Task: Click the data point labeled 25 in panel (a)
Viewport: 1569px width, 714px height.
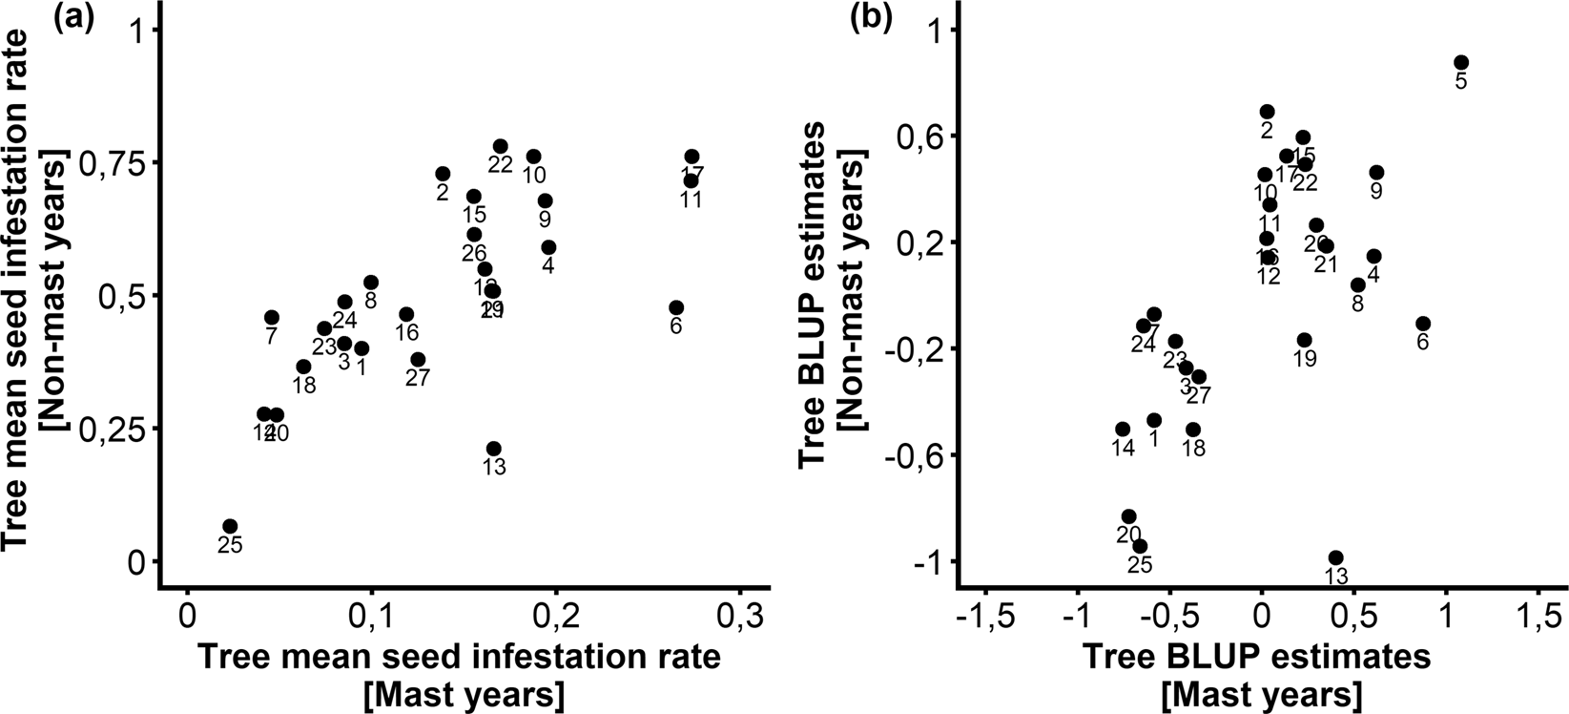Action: pyautogui.click(x=230, y=526)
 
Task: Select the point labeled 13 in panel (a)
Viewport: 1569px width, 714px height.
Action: pyautogui.click(x=493, y=449)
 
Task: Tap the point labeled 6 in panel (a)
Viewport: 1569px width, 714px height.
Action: pyautogui.click(x=676, y=307)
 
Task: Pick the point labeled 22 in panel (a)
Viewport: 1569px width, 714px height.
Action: pyautogui.click(x=501, y=146)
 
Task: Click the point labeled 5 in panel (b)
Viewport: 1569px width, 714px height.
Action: pyautogui.click(x=1461, y=62)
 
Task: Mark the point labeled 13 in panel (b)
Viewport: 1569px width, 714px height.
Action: pyautogui.click(x=1336, y=557)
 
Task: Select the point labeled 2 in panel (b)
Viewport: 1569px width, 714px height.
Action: pyautogui.click(x=1267, y=112)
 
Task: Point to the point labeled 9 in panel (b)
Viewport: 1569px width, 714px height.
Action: pyautogui.click(x=1376, y=173)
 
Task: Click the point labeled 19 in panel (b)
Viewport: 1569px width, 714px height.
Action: pyautogui.click(x=1305, y=340)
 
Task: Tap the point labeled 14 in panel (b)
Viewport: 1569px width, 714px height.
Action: pyautogui.click(x=1123, y=430)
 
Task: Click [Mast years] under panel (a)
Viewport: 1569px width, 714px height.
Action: pyautogui.click(x=458, y=695)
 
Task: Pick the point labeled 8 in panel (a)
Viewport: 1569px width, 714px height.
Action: pyautogui.click(x=371, y=283)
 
